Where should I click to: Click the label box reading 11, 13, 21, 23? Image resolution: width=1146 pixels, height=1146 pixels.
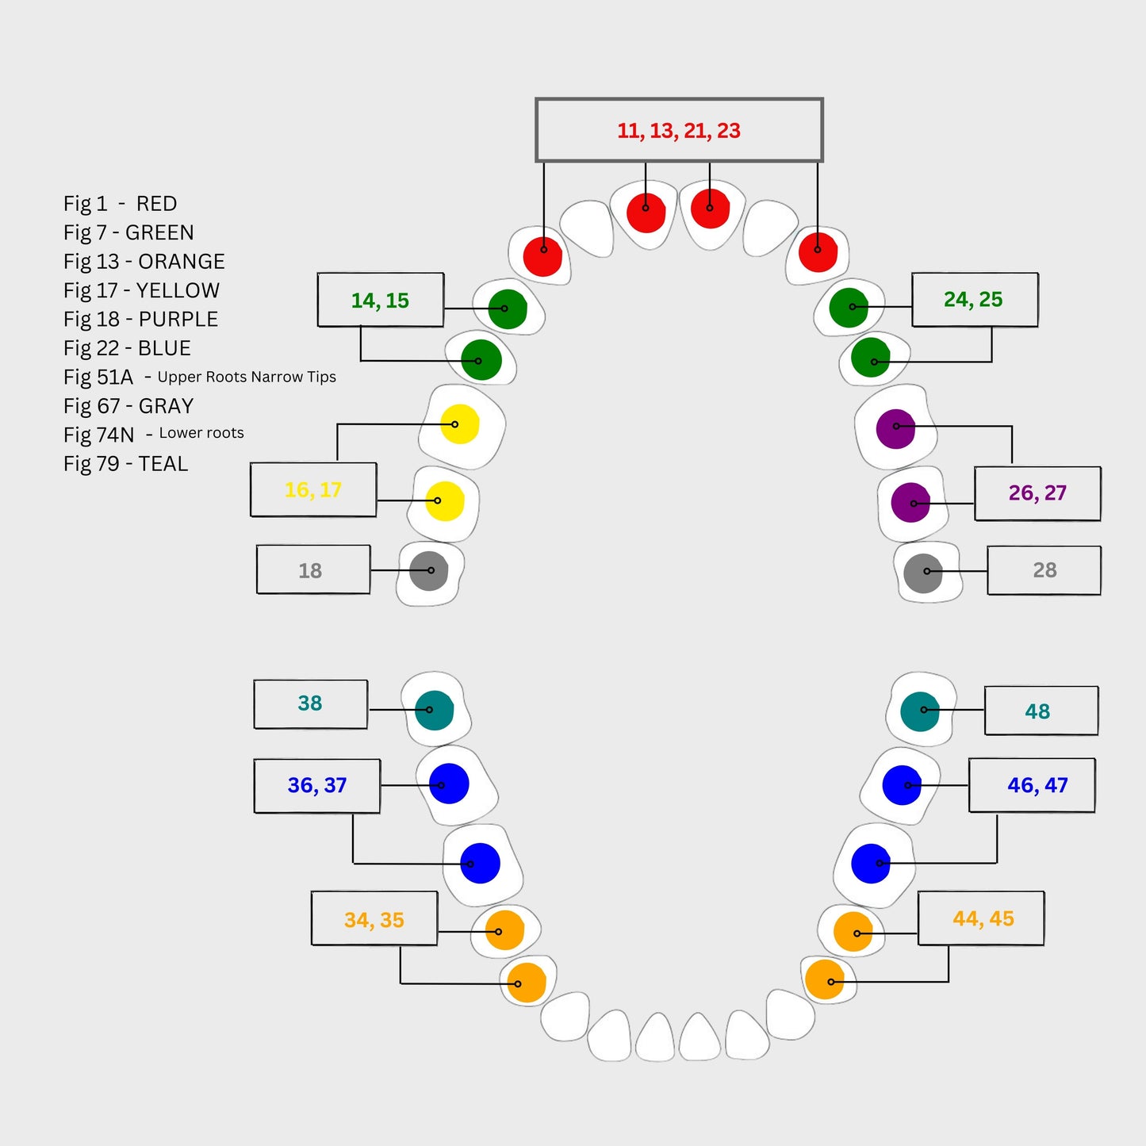[679, 130]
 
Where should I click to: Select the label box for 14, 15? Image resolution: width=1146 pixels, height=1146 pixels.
[381, 301]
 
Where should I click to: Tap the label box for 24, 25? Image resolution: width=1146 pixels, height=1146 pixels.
[974, 300]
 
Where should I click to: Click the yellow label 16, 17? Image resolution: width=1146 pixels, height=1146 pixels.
[313, 490]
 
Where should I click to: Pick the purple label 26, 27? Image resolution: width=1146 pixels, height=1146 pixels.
[1037, 493]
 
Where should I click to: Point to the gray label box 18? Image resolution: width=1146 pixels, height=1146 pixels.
[312, 570]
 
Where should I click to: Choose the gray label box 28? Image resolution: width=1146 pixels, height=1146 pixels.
[1044, 570]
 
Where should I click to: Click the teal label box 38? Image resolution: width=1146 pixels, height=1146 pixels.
[310, 703]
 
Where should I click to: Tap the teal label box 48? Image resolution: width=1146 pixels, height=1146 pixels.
[1041, 711]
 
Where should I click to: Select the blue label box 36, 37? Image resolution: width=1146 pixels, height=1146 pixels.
[317, 786]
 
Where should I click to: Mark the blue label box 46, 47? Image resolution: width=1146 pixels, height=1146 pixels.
[1032, 785]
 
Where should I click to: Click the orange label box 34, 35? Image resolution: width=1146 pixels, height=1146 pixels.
[374, 919]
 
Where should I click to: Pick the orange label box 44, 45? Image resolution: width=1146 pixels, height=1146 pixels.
[982, 918]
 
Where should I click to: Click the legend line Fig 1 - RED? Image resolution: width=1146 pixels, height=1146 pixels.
[121, 204]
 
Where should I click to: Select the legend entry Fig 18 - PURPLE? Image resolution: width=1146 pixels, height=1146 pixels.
[140, 320]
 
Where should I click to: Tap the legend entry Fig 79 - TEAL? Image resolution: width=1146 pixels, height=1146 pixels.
[125, 464]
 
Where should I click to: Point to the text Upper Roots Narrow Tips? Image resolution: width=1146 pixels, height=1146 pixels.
[247, 377]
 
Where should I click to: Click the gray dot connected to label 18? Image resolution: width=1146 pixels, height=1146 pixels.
[429, 571]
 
